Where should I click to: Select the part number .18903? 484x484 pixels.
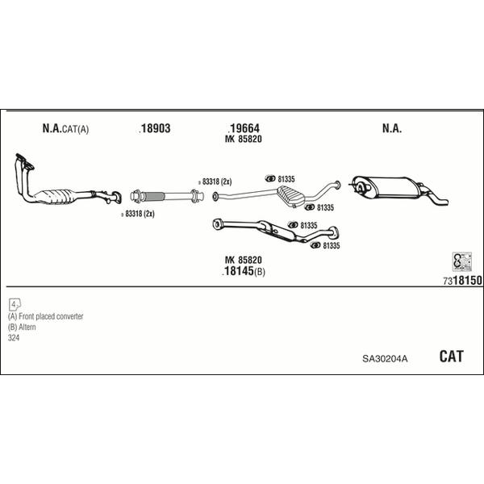click(x=155, y=129)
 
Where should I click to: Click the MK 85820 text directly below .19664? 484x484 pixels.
click(x=243, y=140)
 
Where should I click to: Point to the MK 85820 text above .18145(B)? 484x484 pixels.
click(x=243, y=260)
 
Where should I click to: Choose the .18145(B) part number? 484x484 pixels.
click(x=243, y=272)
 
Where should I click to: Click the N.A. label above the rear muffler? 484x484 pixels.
click(x=391, y=129)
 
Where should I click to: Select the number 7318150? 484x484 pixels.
click(x=462, y=280)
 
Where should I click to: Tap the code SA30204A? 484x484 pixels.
click(x=385, y=357)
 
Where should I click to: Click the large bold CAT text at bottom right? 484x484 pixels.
click(x=451, y=357)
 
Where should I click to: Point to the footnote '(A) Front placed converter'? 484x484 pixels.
click(x=46, y=317)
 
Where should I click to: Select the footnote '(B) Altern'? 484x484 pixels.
click(x=24, y=328)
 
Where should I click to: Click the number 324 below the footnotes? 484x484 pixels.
click(x=14, y=338)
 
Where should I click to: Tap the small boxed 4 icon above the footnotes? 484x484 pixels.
click(x=15, y=304)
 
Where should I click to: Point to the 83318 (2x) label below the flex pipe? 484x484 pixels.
click(x=140, y=214)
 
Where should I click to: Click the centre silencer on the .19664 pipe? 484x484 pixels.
click(x=290, y=194)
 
